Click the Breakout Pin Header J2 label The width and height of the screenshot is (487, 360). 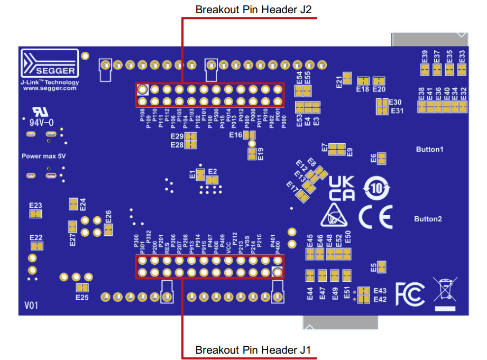[250, 10]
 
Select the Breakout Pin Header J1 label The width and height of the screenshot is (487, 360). [250, 350]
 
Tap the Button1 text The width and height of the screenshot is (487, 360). [429, 150]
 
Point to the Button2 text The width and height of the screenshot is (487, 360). [428, 219]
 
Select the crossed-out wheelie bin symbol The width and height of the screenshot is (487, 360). [445, 291]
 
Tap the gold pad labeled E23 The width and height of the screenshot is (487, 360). [35, 214]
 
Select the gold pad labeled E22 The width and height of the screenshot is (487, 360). [36, 246]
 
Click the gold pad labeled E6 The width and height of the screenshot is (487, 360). [381, 158]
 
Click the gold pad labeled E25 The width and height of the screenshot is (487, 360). [81, 288]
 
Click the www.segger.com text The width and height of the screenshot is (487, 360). [50, 88]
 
